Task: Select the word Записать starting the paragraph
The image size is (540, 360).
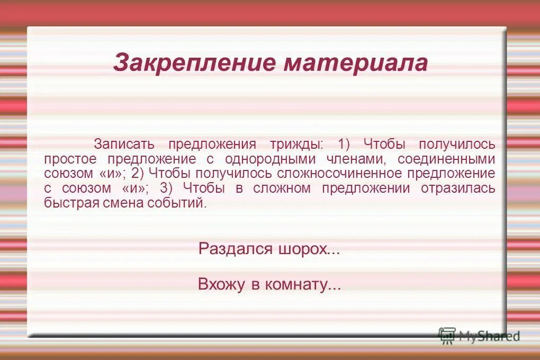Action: [124, 144]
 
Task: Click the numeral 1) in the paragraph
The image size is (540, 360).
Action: [345, 144]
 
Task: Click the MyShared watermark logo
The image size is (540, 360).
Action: [479, 336]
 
